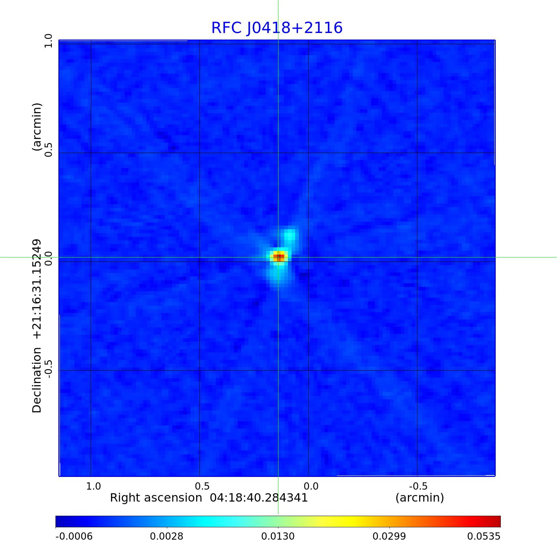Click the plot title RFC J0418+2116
coord(277,28)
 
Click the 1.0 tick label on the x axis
coord(94,486)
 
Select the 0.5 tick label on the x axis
coord(202,486)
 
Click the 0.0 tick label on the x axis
coord(311,486)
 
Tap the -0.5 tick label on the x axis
coord(418,486)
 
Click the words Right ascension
coord(156,498)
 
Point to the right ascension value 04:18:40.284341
coord(259,498)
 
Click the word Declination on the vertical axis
coord(37,380)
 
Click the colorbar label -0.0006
coord(74,536)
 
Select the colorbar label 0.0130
coord(278,536)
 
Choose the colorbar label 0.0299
coord(389,536)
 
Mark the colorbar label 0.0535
coord(484,536)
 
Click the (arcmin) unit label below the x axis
coord(420,498)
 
